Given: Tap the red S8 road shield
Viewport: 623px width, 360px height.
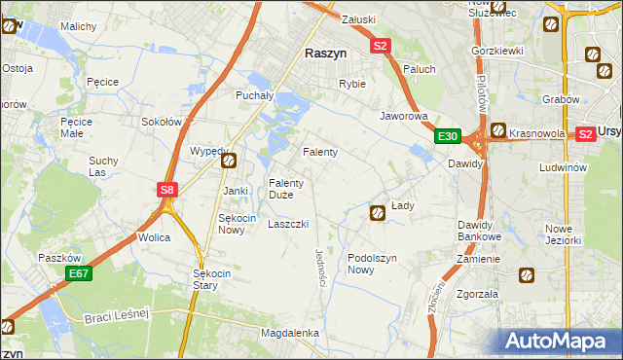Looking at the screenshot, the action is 167,191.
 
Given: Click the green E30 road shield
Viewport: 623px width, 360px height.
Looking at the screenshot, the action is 448,136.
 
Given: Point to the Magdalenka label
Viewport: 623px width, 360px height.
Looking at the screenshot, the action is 290,333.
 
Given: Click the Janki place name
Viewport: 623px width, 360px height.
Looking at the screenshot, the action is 236,191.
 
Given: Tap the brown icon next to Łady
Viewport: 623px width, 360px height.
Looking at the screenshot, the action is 377,212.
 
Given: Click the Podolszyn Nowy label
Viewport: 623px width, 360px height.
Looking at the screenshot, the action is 374,264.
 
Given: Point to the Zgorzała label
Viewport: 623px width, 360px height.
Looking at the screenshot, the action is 477,293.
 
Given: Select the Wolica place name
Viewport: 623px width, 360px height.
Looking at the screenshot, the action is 154,237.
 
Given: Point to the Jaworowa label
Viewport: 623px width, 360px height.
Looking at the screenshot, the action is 404,115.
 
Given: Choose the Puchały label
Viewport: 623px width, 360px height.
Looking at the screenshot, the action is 256,95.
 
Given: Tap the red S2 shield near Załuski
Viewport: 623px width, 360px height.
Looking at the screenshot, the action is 380,45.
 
